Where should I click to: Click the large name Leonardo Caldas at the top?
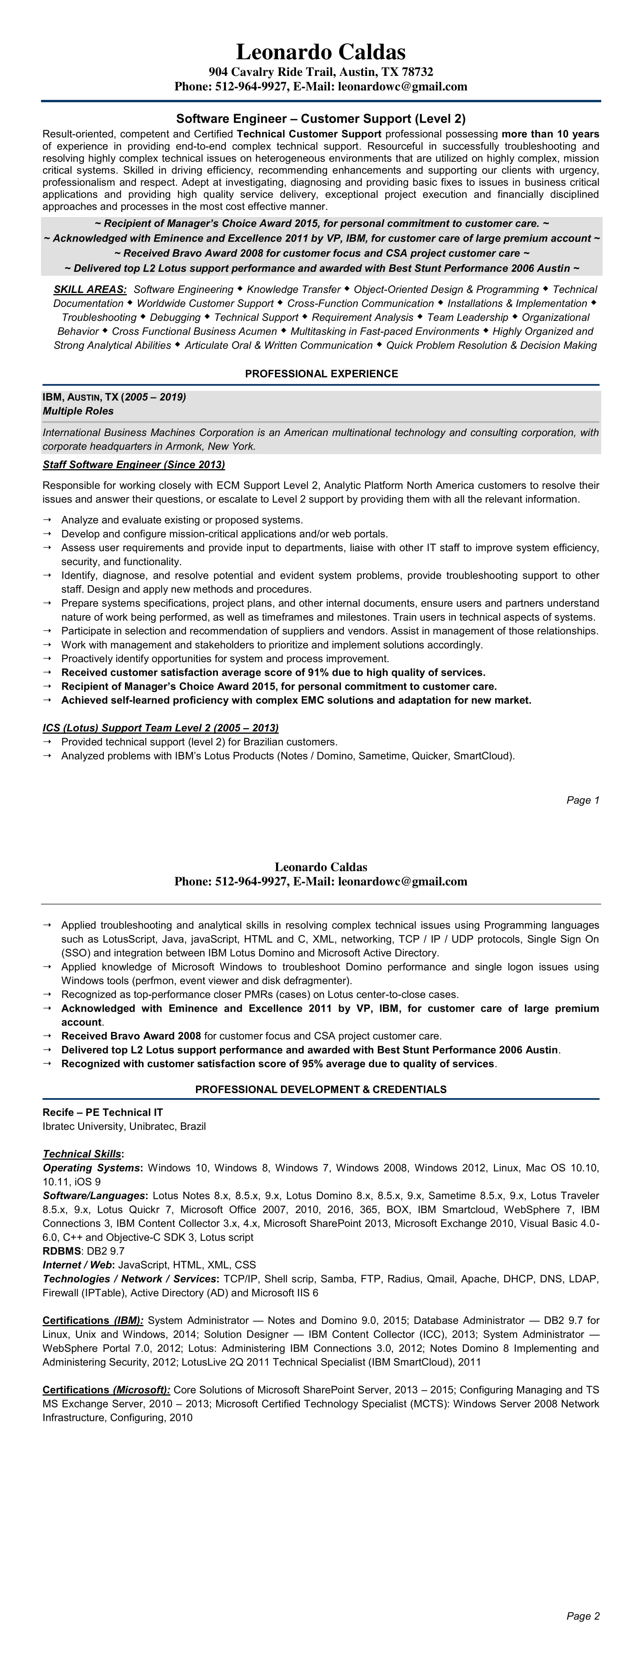(x=321, y=52)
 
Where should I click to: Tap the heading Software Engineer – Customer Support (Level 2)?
(x=321, y=119)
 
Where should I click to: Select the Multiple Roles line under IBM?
(x=78, y=411)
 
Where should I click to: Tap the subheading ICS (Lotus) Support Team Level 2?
(x=160, y=728)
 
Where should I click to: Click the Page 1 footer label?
(x=583, y=800)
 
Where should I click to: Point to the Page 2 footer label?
(x=583, y=1616)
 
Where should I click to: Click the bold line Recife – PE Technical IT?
(x=103, y=1112)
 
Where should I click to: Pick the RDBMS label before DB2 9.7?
(x=61, y=1251)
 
